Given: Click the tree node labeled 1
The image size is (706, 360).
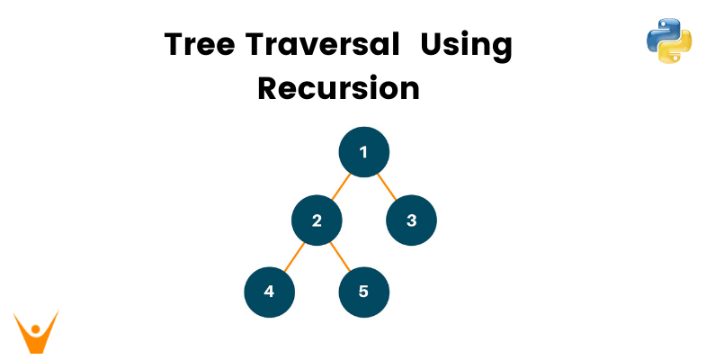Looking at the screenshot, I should coord(363,152).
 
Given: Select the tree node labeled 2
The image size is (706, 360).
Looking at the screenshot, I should coord(317,220).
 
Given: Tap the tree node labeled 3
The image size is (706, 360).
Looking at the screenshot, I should coord(411,220).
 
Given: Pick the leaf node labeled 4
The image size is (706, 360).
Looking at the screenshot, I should coord(269,292).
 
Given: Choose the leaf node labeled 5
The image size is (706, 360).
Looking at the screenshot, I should coord(363,292).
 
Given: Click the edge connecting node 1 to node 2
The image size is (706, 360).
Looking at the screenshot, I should coord(340,186).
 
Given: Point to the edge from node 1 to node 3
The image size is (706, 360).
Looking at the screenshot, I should coord(388,186).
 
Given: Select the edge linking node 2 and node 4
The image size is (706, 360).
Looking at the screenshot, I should coord(293,256).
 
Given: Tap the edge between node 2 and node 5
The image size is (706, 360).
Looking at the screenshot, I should coord(340,256).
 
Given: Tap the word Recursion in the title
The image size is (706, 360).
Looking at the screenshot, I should coord(338,88).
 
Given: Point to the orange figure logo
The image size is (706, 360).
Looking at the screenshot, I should coord(36,331).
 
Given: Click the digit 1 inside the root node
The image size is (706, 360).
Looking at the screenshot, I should coord(363,152).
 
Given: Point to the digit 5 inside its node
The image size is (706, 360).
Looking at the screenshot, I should coord(363,292).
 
